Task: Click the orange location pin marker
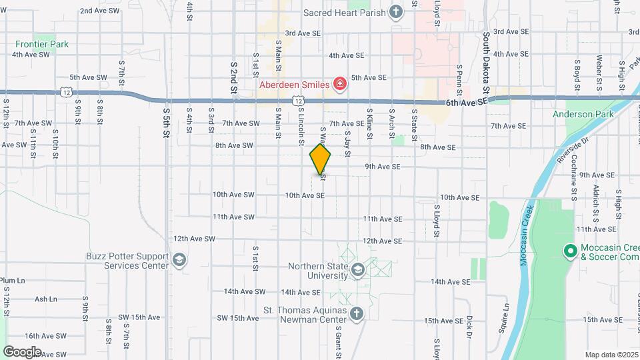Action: coord(321,159)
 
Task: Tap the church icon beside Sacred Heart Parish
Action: coord(396,12)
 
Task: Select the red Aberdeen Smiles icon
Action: coord(340,84)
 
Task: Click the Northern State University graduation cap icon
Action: coord(358,269)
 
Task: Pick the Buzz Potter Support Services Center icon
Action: coord(179,259)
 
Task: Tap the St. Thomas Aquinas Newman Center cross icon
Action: coord(357,313)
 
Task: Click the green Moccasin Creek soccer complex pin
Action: coord(570,251)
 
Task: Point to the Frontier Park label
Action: coord(43,45)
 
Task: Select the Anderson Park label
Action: coord(583,115)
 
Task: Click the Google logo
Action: coord(22,351)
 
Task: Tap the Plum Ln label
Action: coord(13,281)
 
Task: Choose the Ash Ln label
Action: coord(46,299)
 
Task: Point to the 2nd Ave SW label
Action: coord(99,11)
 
